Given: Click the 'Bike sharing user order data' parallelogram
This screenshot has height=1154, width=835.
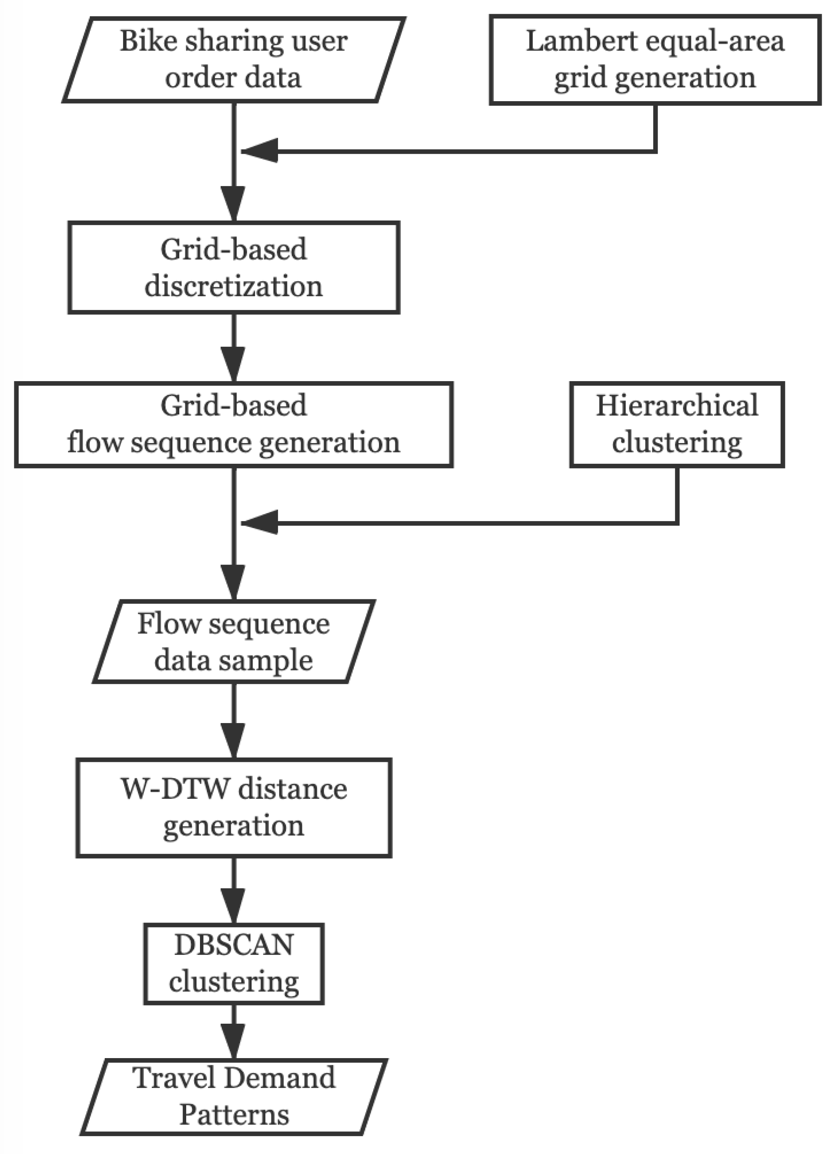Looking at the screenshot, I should [234, 60].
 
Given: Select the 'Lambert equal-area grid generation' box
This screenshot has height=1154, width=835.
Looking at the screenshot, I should [655, 60].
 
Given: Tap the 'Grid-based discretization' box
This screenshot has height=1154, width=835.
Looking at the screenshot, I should [234, 267].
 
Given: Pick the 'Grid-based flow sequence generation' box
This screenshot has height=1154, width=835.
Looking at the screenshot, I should [234, 424].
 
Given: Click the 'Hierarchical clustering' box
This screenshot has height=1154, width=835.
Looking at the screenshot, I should [677, 424].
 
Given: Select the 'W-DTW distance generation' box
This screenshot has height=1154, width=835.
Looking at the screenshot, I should [234, 808].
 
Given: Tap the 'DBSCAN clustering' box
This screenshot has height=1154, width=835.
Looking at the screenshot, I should [234, 963].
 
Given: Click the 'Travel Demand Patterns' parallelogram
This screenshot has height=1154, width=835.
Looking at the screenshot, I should [234, 1097].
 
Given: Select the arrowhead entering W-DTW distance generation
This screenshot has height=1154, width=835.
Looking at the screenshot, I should [234, 740].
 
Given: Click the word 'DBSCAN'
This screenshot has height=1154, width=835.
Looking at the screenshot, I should [234, 945].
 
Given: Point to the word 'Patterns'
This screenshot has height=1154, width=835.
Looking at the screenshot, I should [234, 1115].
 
